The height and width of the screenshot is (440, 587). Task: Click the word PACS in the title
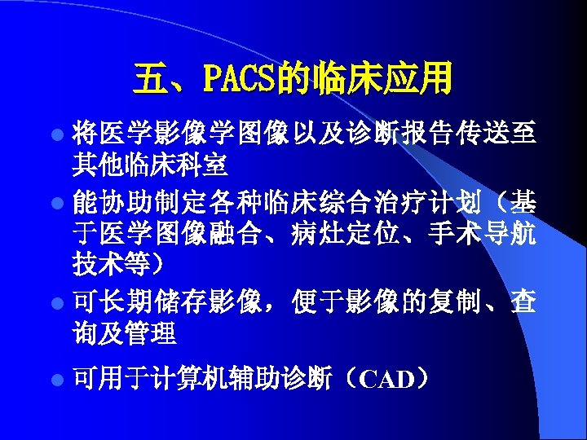[239, 81]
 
